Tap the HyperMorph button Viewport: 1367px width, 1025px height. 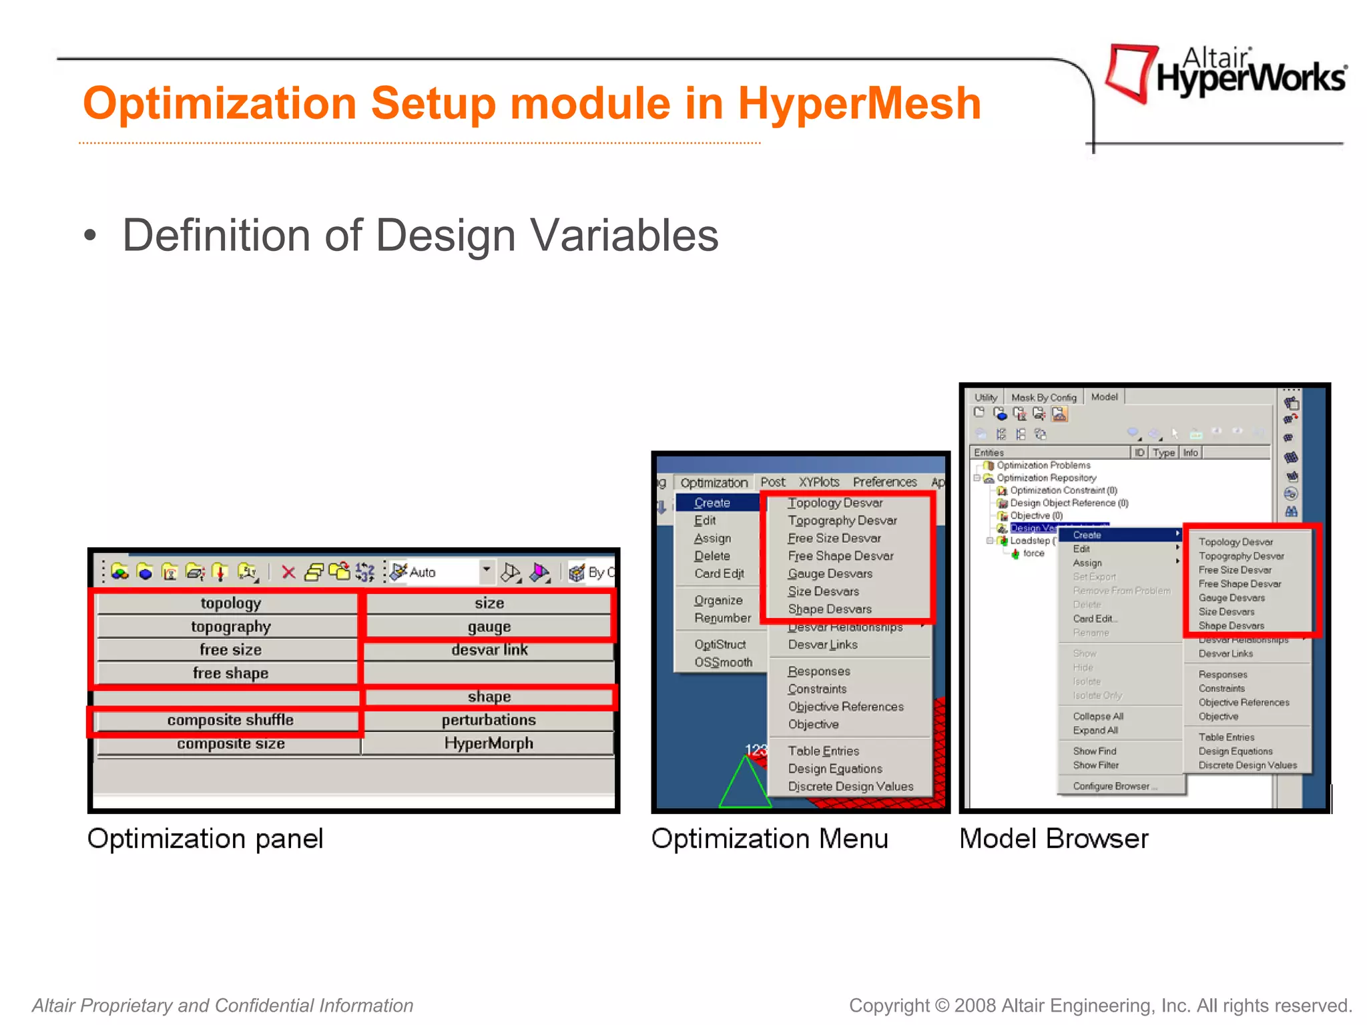click(488, 743)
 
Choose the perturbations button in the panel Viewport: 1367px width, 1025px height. click(488, 720)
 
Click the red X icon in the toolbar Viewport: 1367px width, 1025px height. click(288, 572)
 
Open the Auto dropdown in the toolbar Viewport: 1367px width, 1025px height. click(487, 571)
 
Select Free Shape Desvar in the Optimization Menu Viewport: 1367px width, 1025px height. click(840, 556)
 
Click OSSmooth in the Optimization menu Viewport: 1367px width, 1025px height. click(723, 662)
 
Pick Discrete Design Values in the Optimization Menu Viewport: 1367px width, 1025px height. click(850, 786)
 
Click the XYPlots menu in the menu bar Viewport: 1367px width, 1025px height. click(818, 482)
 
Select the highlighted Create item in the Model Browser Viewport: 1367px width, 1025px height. click(1087, 535)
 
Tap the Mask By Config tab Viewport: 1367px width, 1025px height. click(1043, 397)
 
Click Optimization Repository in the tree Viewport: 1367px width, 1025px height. click(1045, 478)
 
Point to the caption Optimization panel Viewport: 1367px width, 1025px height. click(205, 838)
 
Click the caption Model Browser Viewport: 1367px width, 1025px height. click(1053, 838)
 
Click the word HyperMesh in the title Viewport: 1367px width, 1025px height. click(858, 103)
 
